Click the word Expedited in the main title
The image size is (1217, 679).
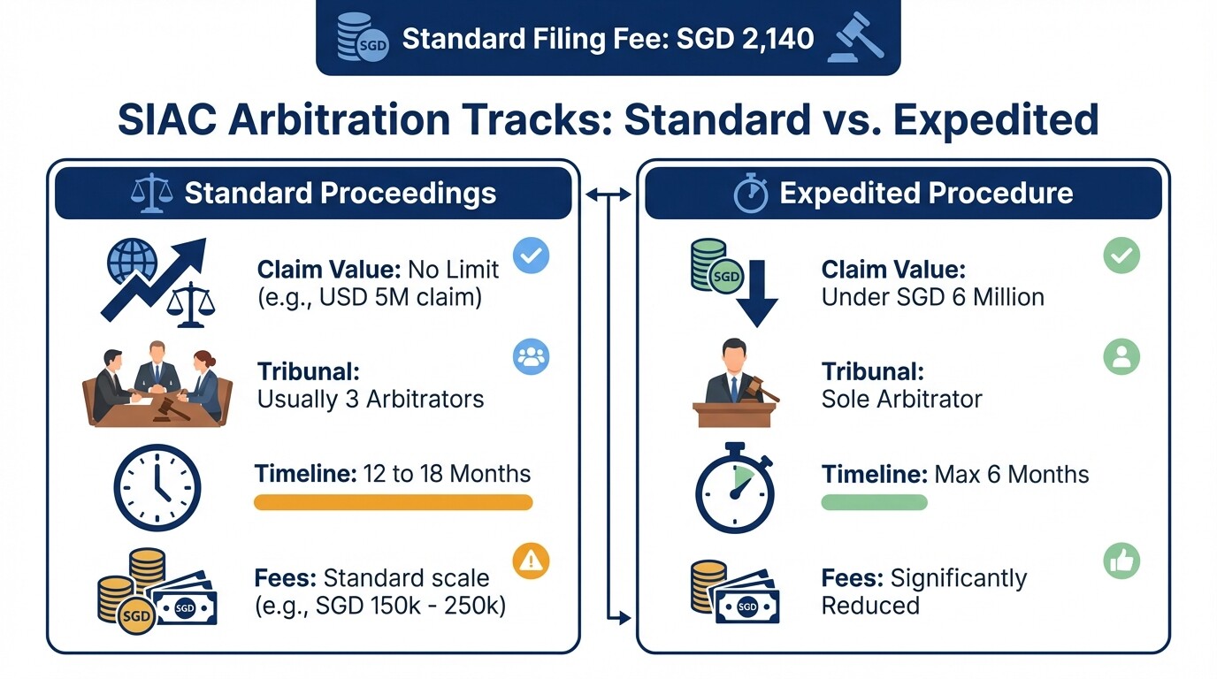point(996,119)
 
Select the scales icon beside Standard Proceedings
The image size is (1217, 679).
point(151,194)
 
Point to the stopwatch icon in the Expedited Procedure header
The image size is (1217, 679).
point(751,194)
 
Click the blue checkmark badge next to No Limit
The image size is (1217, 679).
point(531,256)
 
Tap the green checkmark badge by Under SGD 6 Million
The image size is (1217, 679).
point(1121,256)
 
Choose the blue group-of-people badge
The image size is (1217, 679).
point(531,357)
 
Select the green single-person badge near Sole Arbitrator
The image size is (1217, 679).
point(1121,357)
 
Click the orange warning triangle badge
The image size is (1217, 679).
point(531,561)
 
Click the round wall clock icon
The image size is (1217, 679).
point(157,488)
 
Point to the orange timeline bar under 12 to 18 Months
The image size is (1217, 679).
point(393,502)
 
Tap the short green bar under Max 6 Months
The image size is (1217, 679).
point(874,502)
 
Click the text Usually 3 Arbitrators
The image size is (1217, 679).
point(371,400)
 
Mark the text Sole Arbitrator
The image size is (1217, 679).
point(901,400)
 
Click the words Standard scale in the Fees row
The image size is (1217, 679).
point(406,578)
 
